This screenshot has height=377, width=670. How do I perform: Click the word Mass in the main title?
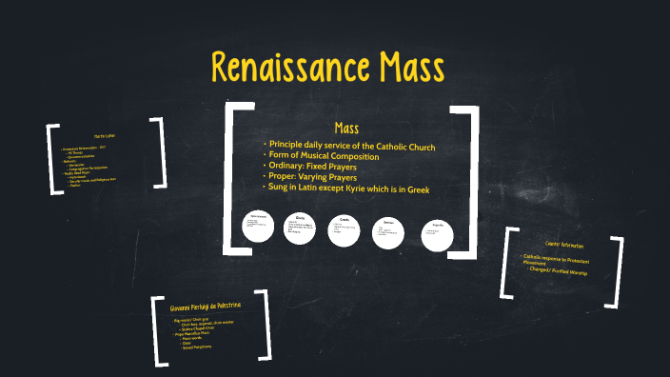tap(405, 69)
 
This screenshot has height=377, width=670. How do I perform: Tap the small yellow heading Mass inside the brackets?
tap(345, 128)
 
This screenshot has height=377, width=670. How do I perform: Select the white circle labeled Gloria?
tap(301, 228)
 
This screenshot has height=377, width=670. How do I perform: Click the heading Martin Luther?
tap(104, 137)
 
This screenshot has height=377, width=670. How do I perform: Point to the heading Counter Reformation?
tap(563, 245)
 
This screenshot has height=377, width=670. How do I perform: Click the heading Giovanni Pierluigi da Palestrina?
tap(206, 307)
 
